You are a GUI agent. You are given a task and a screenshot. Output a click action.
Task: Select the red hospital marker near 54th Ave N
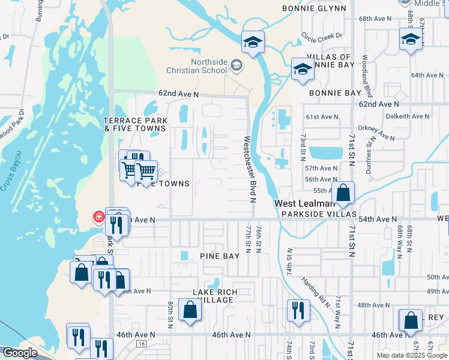click(x=97, y=217)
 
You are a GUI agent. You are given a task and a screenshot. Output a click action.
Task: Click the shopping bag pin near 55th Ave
click(x=343, y=193)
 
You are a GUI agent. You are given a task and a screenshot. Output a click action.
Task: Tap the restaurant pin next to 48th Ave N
click(x=298, y=311)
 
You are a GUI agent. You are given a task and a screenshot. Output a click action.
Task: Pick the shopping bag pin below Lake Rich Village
click(x=190, y=310)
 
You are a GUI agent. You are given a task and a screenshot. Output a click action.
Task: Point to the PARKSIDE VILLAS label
click(x=319, y=214)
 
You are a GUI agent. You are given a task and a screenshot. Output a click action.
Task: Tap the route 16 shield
click(x=141, y=344)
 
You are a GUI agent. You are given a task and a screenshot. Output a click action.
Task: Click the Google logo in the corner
click(x=20, y=353)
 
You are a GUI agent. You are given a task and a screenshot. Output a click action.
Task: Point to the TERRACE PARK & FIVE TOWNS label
click(x=135, y=124)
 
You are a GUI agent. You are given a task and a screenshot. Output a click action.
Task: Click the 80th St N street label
click(x=170, y=316)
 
